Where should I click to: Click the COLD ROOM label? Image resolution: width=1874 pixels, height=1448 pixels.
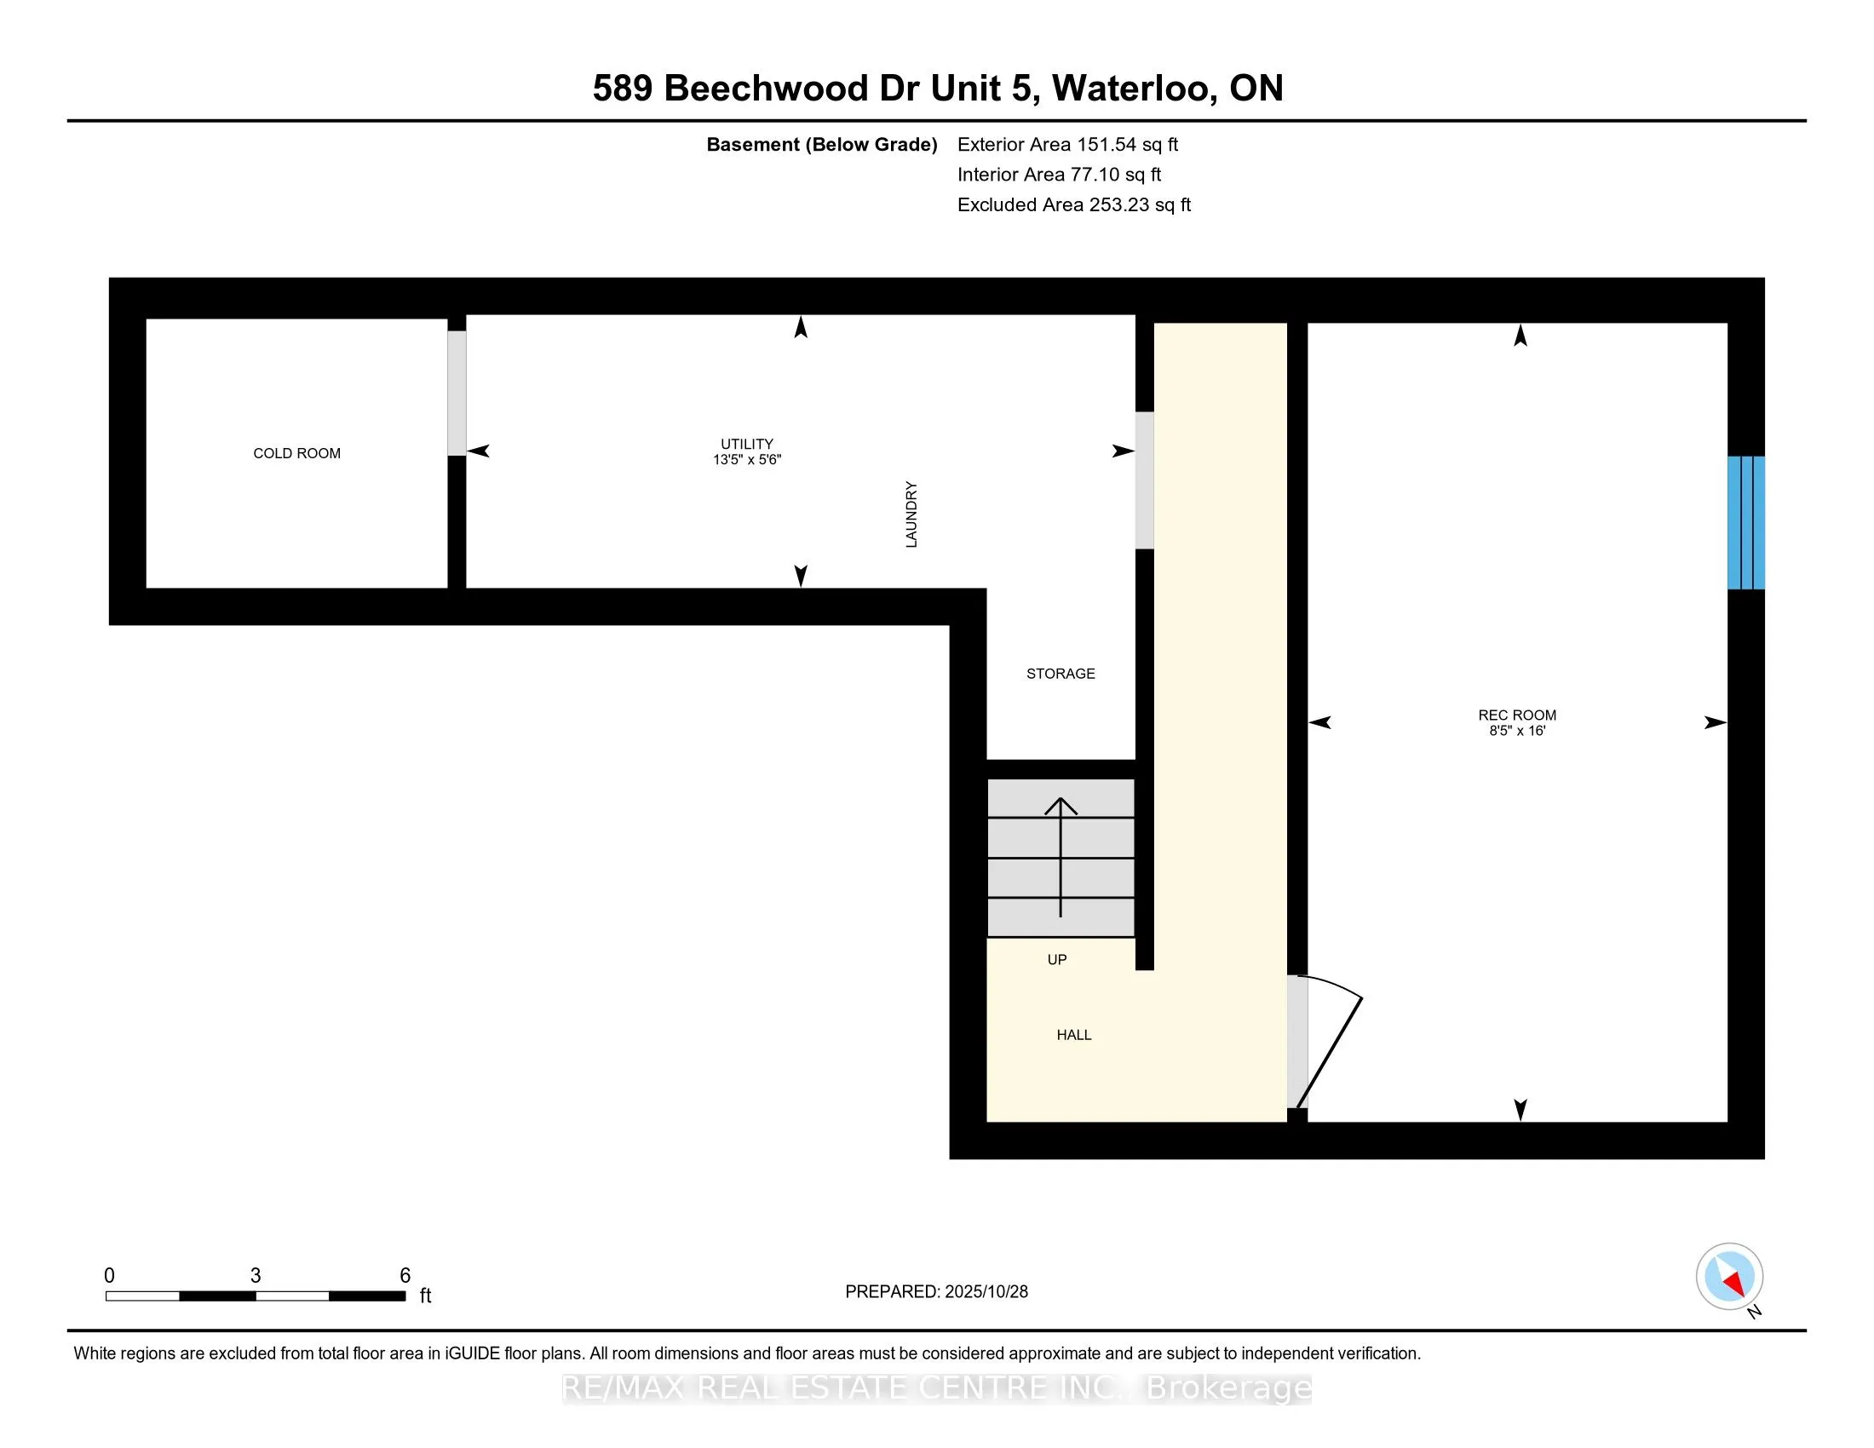(x=297, y=453)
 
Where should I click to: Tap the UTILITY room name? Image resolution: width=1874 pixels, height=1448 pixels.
(x=746, y=444)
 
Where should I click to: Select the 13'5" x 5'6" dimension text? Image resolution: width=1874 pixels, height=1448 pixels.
(x=746, y=460)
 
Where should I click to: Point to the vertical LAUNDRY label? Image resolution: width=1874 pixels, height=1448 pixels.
(x=911, y=514)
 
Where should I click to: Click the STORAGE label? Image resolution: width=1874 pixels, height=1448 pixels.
(x=1061, y=674)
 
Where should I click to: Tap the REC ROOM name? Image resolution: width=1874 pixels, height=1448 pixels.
(x=1516, y=715)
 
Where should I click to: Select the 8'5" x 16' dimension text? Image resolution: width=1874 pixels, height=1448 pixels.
(x=1516, y=731)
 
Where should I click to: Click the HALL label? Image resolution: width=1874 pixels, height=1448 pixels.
(x=1073, y=1035)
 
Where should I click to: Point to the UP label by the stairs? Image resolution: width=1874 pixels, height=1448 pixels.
(x=1056, y=959)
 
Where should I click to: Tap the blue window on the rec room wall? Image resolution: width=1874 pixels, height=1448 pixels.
(x=1745, y=522)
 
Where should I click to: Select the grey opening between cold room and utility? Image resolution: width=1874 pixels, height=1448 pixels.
(x=457, y=393)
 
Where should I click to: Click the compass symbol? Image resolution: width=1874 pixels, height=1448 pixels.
(x=1729, y=1276)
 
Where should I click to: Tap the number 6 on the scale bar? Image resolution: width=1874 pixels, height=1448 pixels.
(x=405, y=1275)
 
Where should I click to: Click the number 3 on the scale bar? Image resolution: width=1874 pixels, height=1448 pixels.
(x=256, y=1275)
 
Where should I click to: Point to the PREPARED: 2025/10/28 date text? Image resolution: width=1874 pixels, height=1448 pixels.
(x=936, y=1291)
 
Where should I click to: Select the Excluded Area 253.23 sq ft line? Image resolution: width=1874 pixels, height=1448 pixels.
(x=1073, y=204)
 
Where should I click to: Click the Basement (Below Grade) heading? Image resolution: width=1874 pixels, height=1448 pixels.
(x=821, y=144)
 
